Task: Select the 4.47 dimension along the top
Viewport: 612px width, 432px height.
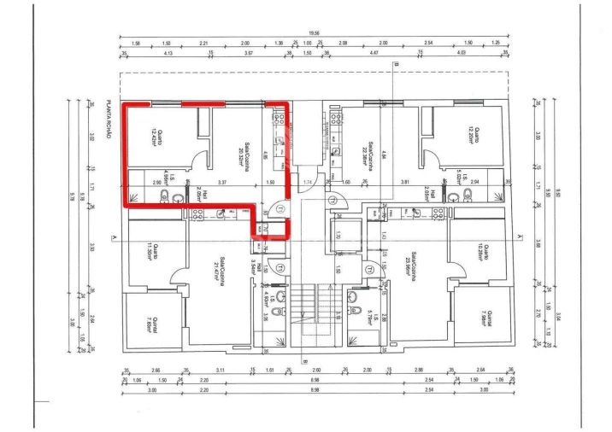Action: coord(374,53)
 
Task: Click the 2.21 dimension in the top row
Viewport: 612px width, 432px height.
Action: coord(203,43)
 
